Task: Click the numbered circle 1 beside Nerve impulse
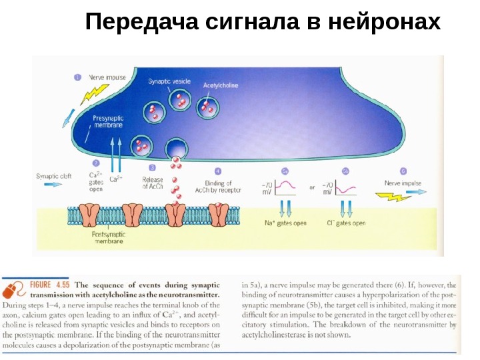tap(78, 77)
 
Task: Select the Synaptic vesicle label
tap(169, 81)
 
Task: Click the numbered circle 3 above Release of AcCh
tap(153, 169)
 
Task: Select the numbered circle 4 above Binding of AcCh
tap(218, 171)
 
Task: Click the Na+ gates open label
tap(285, 223)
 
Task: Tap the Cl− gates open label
tap(346, 223)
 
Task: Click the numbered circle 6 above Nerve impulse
tap(403, 171)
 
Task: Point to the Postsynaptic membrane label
tap(107, 238)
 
